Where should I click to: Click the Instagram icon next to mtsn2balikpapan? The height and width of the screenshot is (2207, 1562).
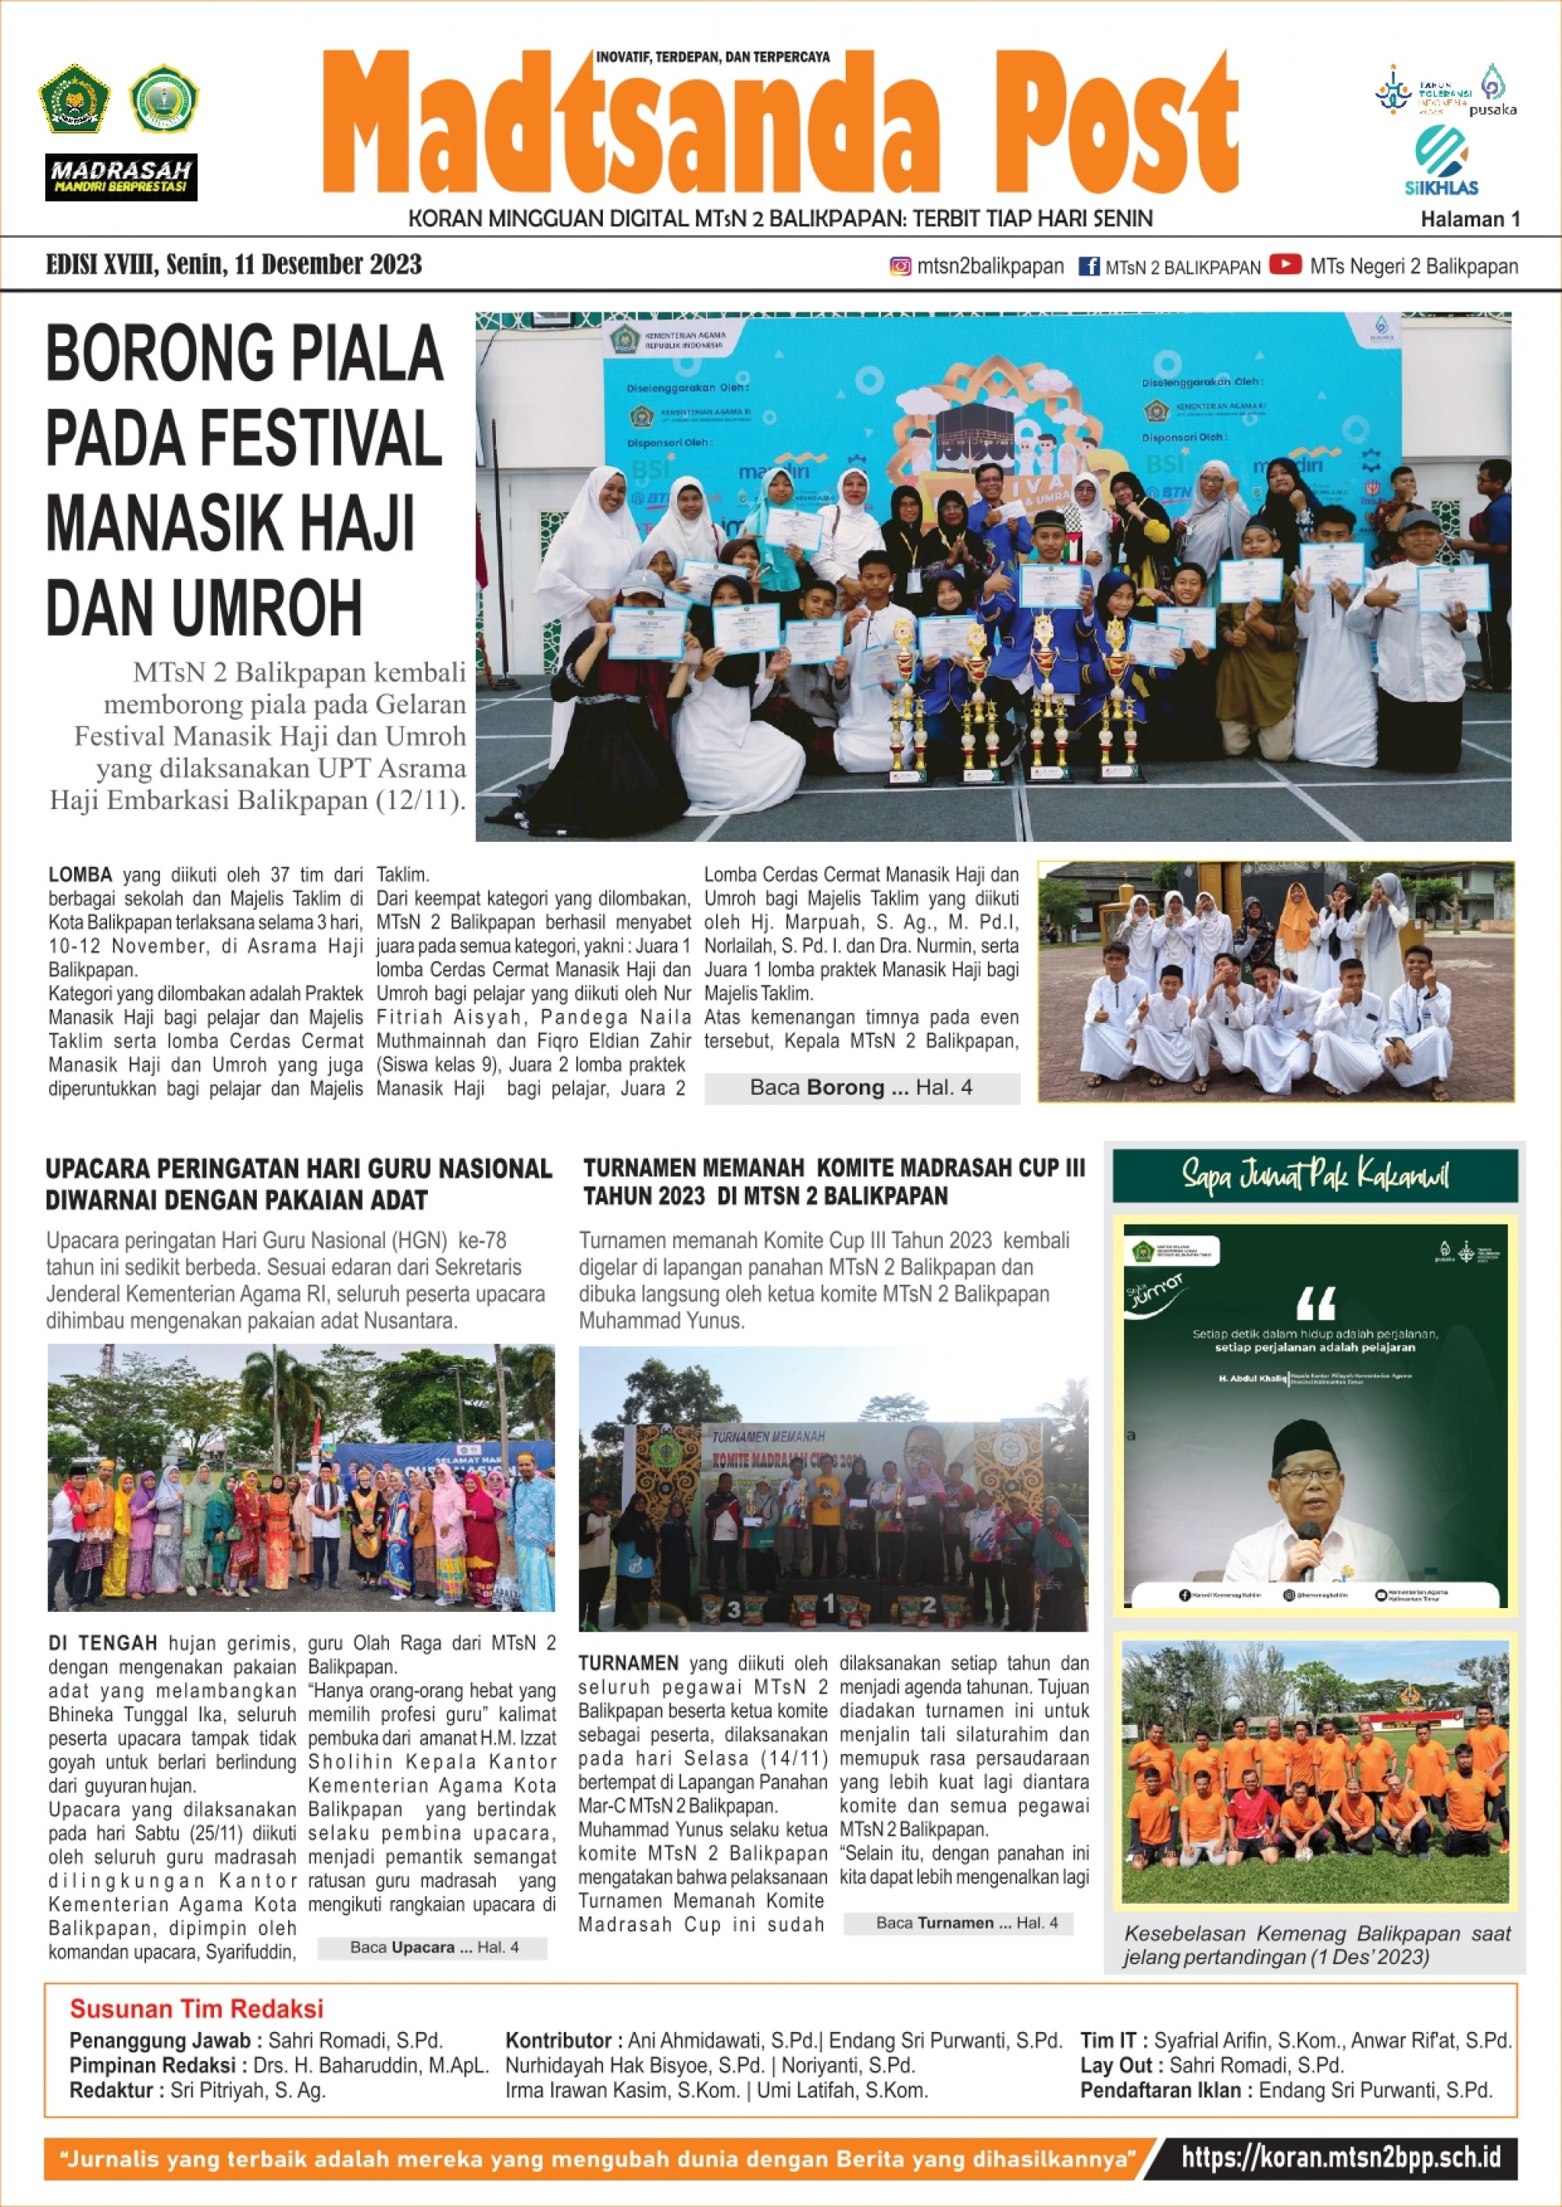900,266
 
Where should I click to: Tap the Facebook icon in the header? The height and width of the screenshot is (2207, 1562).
1088,266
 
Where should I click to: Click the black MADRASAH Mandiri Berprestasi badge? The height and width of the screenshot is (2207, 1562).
121,177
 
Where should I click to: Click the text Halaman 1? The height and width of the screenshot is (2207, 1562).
1470,219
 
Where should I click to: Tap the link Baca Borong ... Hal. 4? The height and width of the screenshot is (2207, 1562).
861,1088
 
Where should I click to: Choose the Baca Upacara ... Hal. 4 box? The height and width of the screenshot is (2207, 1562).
433,1948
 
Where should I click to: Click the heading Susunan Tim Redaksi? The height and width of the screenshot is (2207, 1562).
196,2009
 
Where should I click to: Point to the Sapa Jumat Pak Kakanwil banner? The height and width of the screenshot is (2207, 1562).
1314,1175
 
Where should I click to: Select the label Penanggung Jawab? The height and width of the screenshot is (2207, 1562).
159,2041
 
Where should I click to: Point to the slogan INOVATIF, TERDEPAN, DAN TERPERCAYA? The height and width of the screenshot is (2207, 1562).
713,57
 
